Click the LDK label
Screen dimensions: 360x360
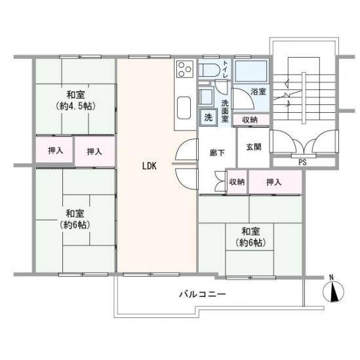click(150, 166)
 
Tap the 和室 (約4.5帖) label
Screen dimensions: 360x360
click(75, 100)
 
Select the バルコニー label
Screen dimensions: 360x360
click(203, 294)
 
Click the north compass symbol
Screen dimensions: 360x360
click(333, 290)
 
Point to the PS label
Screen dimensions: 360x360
click(302, 163)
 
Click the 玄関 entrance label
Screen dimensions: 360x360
click(254, 147)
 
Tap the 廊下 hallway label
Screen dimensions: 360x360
click(217, 153)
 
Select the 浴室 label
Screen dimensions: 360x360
click(258, 92)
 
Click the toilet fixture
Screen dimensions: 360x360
click(209, 70)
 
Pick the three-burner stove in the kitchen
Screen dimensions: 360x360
click(185, 70)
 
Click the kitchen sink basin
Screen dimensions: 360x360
click(184, 108)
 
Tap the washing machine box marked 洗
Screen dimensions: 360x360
click(209, 117)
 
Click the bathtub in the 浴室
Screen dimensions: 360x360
click(251, 71)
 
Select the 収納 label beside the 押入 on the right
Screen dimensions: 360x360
click(237, 182)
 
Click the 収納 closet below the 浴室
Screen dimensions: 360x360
click(251, 119)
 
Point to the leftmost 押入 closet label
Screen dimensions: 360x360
click(55, 151)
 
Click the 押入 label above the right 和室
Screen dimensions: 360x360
click(273, 182)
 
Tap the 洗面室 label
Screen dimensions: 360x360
click(225, 111)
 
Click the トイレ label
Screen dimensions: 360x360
click(225, 69)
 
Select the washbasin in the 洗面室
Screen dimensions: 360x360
click(206, 97)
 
